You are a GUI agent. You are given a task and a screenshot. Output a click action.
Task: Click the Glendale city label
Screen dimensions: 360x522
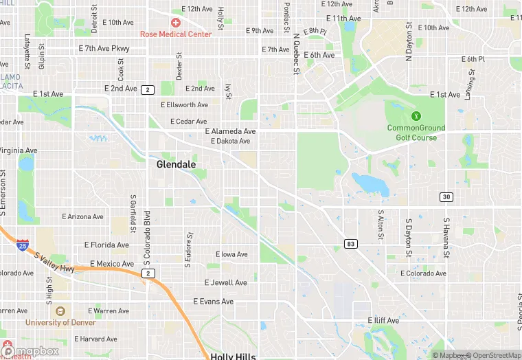177,165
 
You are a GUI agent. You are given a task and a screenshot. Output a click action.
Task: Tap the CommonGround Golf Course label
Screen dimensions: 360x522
416,133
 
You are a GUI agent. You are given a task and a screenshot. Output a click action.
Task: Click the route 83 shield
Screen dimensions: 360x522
352,244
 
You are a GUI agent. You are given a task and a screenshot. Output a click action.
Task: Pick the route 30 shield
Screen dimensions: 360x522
446,197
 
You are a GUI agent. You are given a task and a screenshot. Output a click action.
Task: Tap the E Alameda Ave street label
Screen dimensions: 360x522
230,131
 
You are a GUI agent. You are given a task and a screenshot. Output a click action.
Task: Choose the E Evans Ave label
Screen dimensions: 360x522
214,302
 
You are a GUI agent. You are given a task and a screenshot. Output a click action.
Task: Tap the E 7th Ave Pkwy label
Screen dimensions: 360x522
104,49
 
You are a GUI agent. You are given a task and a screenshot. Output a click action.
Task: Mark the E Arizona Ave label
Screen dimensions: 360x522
82,216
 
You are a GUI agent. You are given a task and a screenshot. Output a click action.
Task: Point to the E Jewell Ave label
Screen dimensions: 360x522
225,282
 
